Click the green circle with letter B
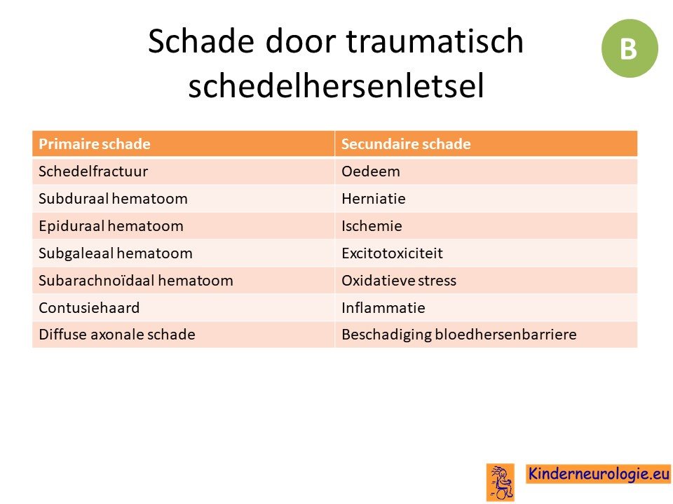click(630, 48)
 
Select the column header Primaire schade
click(183, 143)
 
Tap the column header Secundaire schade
click(486, 143)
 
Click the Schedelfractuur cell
click(183, 171)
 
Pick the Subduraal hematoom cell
click(183, 198)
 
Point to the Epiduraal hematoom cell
click(183, 226)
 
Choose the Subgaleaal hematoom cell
click(183, 253)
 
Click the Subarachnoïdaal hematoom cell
click(183, 280)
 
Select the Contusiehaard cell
click(183, 308)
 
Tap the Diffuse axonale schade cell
click(183, 335)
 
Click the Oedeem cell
click(486, 171)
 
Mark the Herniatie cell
click(486, 198)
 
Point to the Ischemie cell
click(486, 226)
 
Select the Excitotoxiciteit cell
click(486, 253)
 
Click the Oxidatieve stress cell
click(486, 280)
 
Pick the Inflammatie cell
click(486, 308)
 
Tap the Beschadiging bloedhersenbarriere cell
click(486, 335)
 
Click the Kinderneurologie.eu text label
click(598, 474)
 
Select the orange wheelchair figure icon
click(500, 482)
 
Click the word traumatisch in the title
click(435, 41)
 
